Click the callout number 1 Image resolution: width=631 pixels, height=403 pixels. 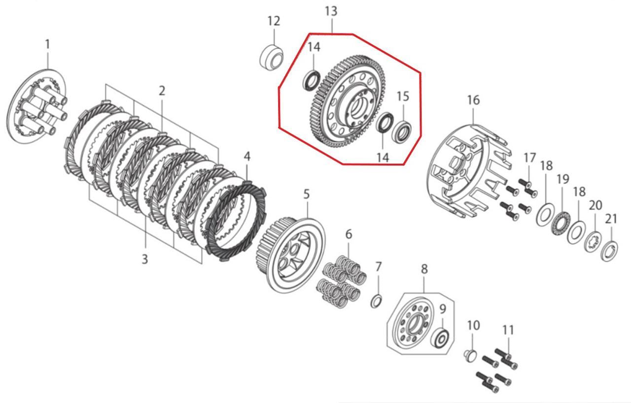point(48,44)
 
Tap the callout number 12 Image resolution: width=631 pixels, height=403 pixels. point(274,21)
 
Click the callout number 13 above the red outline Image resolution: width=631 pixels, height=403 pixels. point(331,11)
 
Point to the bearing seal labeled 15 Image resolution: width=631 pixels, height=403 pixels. point(402,130)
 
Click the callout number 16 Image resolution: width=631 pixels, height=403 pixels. point(473,100)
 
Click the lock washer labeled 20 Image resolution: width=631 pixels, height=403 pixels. point(594,243)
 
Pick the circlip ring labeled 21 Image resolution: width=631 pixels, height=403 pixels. point(610,251)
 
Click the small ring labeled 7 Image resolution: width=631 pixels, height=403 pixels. point(377,301)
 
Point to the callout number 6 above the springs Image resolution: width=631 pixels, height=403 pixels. point(349,234)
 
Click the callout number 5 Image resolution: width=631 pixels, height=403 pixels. point(307,194)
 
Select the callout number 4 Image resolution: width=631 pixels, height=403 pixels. point(247,156)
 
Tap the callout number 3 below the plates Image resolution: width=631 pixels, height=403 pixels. point(145,259)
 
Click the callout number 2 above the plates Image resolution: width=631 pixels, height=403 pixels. point(162,91)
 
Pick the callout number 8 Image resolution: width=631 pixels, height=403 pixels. point(424,269)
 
